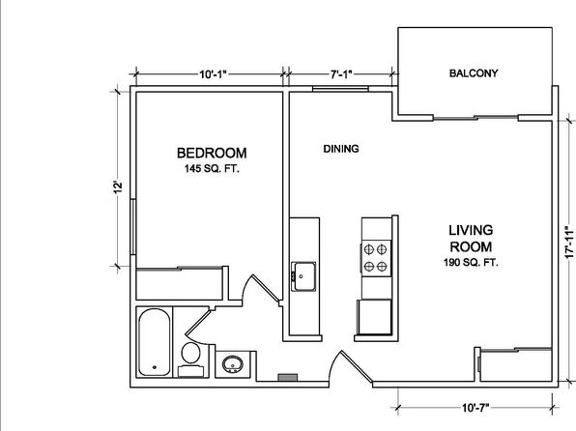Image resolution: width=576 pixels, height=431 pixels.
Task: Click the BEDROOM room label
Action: tap(212, 153)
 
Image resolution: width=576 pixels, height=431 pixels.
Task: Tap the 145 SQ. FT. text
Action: tap(212, 169)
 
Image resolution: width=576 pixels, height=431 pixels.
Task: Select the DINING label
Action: tap(341, 149)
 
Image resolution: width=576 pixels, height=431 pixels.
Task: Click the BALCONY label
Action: tap(474, 73)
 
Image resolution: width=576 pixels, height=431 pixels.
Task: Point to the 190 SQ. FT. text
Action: tap(471, 263)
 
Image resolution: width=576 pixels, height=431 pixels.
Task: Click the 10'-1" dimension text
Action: tap(214, 74)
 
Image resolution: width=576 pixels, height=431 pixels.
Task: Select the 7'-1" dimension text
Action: tap(341, 74)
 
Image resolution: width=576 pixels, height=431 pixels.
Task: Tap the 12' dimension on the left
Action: tap(117, 187)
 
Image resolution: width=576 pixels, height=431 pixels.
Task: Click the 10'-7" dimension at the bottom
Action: tap(475, 408)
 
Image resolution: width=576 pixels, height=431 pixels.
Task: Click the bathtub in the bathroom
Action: tap(155, 342)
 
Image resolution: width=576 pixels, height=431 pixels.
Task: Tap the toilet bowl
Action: tap(190, 353)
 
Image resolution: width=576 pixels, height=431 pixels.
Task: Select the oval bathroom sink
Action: tap(233, 364)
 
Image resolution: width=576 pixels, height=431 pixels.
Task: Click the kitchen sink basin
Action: tap(303, 276)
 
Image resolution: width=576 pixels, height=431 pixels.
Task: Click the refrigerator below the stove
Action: tap(374, 317)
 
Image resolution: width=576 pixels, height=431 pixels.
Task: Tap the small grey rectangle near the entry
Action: tap(288, 377)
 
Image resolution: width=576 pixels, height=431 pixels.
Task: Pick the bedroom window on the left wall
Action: tap(133, 227)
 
